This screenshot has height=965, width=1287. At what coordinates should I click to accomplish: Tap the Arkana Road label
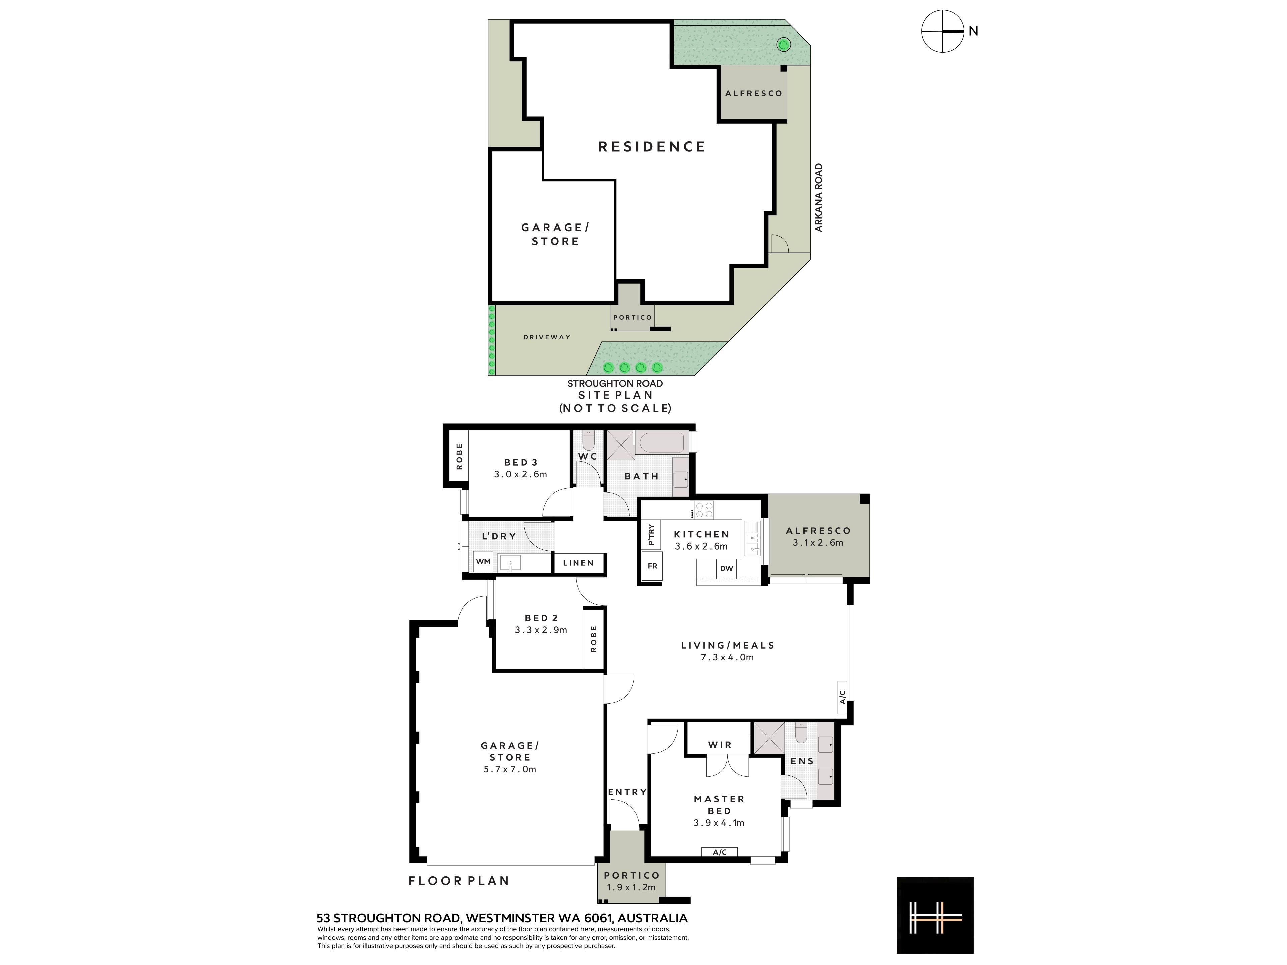click(x=819, y=197)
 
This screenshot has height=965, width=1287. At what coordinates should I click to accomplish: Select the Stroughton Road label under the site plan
click(x=615, y=383)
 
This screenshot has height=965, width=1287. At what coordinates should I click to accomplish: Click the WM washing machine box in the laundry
click(x=483, y=561)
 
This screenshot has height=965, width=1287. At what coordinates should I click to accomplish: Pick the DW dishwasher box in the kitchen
click(x=727, y=568)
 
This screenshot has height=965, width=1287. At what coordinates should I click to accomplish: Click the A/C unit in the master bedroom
click(x=720, y=852)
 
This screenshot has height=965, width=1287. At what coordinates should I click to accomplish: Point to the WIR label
click(x=720, y=745)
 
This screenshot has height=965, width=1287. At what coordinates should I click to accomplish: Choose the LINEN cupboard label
click(x=578, y=563)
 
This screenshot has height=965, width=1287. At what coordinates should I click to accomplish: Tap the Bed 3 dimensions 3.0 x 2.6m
click(x=521, y=474)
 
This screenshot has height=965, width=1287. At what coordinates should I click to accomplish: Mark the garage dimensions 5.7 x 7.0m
click(x=510, y=769)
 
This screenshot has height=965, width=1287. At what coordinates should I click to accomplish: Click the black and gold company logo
click(x=935, y=915)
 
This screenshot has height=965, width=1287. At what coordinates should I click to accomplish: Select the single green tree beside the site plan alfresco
click(x=784, y=44)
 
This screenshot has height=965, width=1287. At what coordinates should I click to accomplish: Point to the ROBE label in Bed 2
click(x=594, y=639)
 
